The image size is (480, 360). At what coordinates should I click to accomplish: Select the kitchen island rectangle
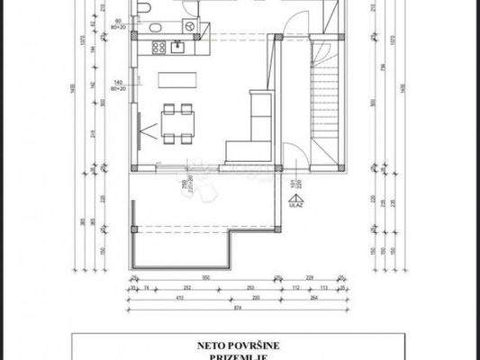177,79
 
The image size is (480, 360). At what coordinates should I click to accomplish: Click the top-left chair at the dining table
168,109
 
